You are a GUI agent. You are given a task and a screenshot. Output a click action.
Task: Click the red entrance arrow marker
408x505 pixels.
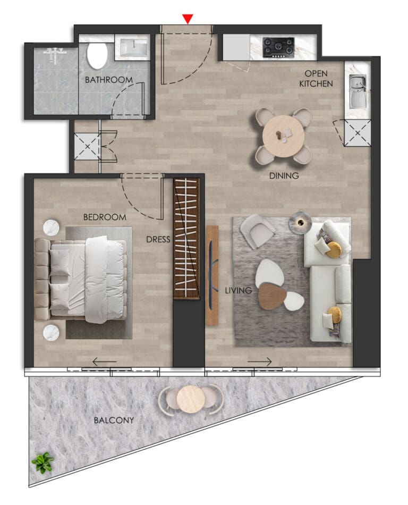(188, 19)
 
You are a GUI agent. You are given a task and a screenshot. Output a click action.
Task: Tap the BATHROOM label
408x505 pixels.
(109, 80)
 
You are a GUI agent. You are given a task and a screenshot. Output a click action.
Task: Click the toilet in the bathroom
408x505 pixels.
(97, 55)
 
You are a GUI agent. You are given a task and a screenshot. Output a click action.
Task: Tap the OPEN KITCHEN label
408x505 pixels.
(316, 79)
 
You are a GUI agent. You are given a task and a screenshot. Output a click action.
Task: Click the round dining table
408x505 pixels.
(284, 136)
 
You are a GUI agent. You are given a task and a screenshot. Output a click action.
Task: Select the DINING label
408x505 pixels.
(284, 175)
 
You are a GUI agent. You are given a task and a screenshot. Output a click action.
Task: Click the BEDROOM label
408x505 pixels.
(105, 217)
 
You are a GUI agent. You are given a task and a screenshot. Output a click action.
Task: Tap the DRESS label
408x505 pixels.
(158, 239)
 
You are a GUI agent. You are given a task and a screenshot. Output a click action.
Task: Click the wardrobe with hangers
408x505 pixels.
(186, 239)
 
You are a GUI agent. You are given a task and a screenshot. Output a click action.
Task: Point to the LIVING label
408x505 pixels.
(238, 290)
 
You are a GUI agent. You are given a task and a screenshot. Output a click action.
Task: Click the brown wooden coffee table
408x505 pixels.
(272, 296)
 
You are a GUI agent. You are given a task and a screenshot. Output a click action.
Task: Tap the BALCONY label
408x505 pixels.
(114, 420)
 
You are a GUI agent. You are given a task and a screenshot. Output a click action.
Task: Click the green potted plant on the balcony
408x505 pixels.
(43, 462)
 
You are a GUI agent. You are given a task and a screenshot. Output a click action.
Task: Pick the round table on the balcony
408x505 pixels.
(191, 399)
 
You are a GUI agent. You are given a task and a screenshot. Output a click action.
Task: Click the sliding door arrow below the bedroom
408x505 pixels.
(104, 361)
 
